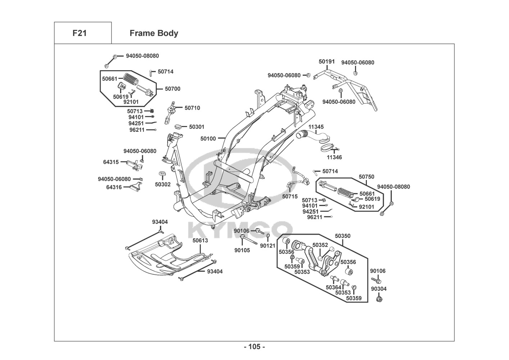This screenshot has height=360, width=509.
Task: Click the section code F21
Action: click(79, 33)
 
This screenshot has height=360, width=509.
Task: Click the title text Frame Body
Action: click(154, 33)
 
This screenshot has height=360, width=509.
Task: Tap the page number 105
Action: click(254, 347)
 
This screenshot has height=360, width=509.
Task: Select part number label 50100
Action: click(208, 139)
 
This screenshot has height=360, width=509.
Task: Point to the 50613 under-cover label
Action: click(200, 240)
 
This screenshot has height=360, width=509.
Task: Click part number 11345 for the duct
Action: click(316, 127)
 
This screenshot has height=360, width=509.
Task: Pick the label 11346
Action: click(334, 157)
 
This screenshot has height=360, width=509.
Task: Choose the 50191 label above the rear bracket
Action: click(327, 62)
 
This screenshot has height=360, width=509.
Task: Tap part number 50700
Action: click(173, 89)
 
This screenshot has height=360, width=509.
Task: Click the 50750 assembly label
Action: click(366, 177)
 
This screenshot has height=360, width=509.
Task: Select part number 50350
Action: click(342, 236)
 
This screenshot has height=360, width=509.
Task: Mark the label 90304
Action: click(379, 289)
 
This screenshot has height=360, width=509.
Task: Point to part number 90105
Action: click(242, 250)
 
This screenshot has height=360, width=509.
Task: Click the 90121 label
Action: click(268, 246)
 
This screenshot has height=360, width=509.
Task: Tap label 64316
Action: click(114, 187)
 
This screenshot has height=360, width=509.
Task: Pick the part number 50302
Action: click(163, 184)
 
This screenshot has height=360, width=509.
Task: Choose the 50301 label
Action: click(197, 127)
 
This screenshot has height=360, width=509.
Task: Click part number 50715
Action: click(290, 197)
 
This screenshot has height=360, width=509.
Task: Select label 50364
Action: click(333, 287)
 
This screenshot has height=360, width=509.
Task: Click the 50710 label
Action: click(192, 108)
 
